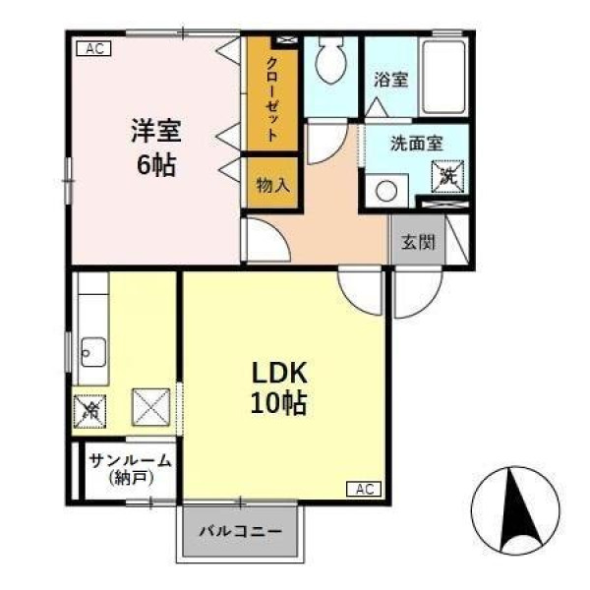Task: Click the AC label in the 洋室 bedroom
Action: pyautogui.click(x=93, y=48)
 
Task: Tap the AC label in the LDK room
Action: pyautogui.click(x=364, y=489)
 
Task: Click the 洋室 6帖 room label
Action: pyautogui.click(x=156, y=147)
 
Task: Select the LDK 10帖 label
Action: pyautogui.click(x=279, y=387)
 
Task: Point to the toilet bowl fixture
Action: pyautogui.click(x=330, y=59)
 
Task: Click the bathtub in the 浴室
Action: pyautogui.click(x=442, y=77)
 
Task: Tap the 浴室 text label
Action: pyautogui.click(x=391, y=80)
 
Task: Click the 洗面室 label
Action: pyautogui.click(x=417, y=144)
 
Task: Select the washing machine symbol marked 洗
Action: pyautogui.click(x=447, y=176)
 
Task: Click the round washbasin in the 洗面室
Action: pyautogui.click(x=386, y=191)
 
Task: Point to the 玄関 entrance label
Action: pyautogui.click(x=418, y=242)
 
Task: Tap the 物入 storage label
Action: pyautogui.click(x=272, y=185)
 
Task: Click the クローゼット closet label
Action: pyautogui.click(x=272, y=99)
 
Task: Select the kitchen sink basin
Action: pyautogui.click(x=93, y=352)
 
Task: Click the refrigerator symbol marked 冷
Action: pyautogui.click(x=89, y=411)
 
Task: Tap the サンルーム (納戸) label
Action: pyautogui.click(x=131, y=469)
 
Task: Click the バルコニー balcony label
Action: pyautogui.click(x=241, y=531)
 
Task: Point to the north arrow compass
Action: pyautogui.click(x=515, y=510)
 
